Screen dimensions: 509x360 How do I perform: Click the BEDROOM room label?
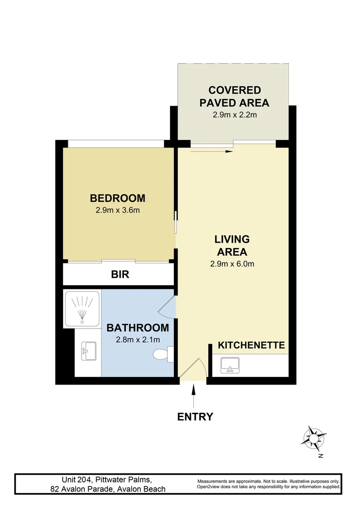(117, 198)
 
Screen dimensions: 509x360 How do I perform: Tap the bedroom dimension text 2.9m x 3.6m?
(117, 210)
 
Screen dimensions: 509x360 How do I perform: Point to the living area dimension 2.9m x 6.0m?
(232, 264)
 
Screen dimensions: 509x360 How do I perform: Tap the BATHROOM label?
(138, 328)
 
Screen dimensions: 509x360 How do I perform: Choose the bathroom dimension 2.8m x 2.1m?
(138, 339)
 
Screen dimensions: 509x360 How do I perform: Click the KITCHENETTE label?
(251, 345)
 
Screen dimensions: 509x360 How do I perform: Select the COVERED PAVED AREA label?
(234, 96)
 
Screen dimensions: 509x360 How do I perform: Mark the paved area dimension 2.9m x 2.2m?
(234, 115)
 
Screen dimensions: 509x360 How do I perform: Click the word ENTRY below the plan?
(195, 417)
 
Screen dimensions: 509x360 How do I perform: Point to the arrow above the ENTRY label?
(195, 396)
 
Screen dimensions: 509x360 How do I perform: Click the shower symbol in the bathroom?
(82, 309)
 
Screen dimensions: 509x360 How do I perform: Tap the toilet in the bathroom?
(164, 354)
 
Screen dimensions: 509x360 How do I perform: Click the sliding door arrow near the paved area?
(212, 152)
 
